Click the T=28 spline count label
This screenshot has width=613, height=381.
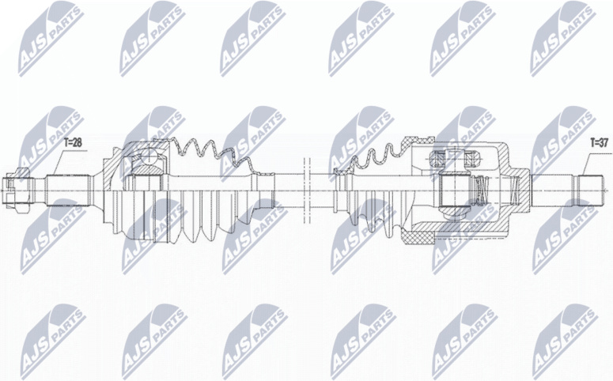click(x=73, y=143)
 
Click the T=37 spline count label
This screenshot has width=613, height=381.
click(x=600, y=143)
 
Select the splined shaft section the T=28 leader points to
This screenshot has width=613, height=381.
click(x=66, y=190)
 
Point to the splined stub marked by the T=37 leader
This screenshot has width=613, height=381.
click(x=589, y=190)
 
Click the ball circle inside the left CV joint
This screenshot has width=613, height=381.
click(x=149, y=157)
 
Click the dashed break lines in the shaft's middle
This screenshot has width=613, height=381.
click(x=307, y=190)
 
